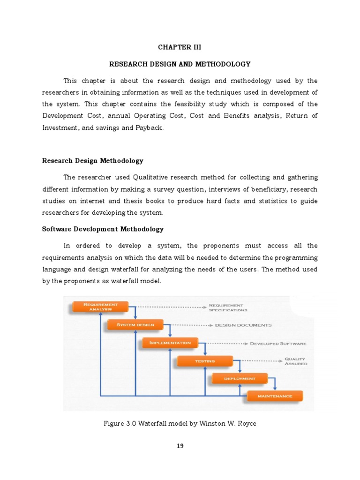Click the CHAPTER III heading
[x=180, y=47]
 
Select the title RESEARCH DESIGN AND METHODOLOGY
[x=180, y=64]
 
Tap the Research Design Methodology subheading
[x=93, y=161]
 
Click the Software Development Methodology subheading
[x=103, y=229]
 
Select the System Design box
[x=135, y=324]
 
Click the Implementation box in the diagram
[x=170, y=343]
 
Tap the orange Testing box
[x=205, y=361]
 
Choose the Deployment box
[x=240, y=378]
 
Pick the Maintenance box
[x=275, y=396]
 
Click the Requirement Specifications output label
[x=228, y=307]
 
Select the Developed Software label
[x=278, y=343]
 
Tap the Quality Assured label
[x=296, y=361]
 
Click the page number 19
[x=180, y=446]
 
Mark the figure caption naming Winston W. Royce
[x=180, y=424]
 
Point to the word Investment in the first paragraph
[x=60, y=128]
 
